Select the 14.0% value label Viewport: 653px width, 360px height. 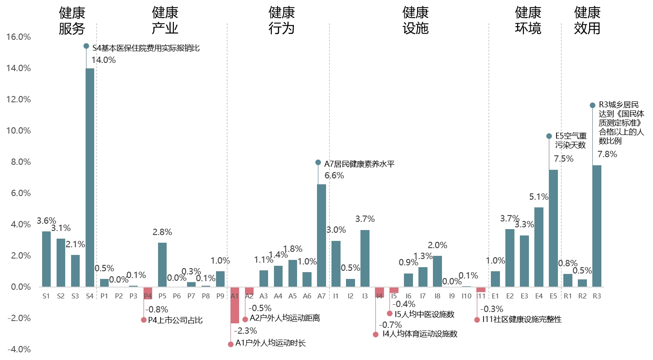pos(103,60)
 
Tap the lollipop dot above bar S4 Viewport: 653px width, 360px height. pos(86,46)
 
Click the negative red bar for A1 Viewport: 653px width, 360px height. pos(235,305)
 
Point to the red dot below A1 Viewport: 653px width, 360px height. pos(230,344)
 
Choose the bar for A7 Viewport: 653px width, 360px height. pos(322,235)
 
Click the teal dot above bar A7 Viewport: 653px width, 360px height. pos(318,162)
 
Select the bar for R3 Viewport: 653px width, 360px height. pos(597,226)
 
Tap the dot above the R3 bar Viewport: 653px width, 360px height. pos(592,105)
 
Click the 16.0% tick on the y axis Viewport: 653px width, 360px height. pos(19,37)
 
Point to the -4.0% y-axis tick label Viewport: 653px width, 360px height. pos(19,349)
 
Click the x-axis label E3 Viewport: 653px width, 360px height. pos(524,296)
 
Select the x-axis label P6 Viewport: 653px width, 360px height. pos(177,296)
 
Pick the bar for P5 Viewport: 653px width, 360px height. pos(162,264)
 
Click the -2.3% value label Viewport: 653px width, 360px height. pos(245,331)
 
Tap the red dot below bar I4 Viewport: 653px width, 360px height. pos(375,334)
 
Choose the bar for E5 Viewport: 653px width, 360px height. pos(553,228)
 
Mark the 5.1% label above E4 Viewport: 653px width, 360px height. pos(539,197)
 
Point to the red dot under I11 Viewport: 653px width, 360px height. pos(477,320)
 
